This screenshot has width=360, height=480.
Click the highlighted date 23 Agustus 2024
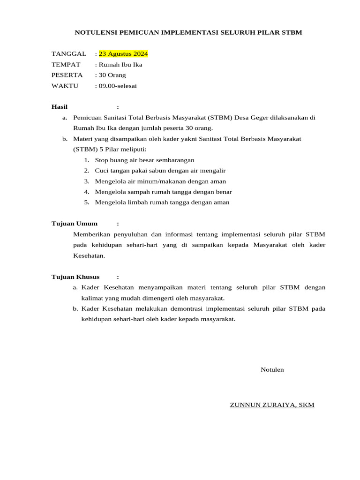(x=123, y=54)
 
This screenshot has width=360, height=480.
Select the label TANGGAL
(x=69, y=54)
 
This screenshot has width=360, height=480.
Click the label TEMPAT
(x=66, y=65)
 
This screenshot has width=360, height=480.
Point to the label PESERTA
(x=67, y=75)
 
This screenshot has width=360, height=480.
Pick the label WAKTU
(x=65, y=86)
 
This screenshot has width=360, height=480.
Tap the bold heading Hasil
(x=60, y=107)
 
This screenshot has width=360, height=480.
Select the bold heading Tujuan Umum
(x=75, y=224)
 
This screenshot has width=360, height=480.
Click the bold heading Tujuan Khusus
(x=75, y=277)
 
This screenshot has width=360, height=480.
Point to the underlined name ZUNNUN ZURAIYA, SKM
(x=272, y=405)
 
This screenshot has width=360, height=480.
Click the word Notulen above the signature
(x=272, y=369)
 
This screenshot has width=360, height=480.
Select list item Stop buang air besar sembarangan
(x=144, y=160)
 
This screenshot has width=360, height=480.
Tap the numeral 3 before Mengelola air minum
(x=86, y=181)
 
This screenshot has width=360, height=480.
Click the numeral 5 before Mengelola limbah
(x=86, y=202)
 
